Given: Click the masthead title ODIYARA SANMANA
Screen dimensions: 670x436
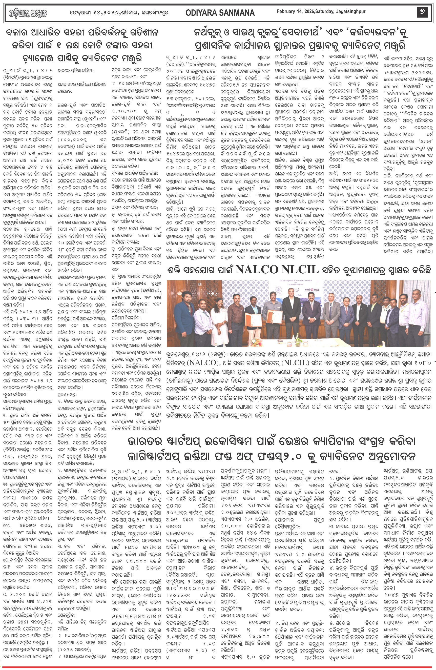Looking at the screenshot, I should [x=220, y=13].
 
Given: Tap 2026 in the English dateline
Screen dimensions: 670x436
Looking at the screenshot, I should [x=309, y=12].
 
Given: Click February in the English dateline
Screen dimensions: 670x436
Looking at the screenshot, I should [x=285, y=12].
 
